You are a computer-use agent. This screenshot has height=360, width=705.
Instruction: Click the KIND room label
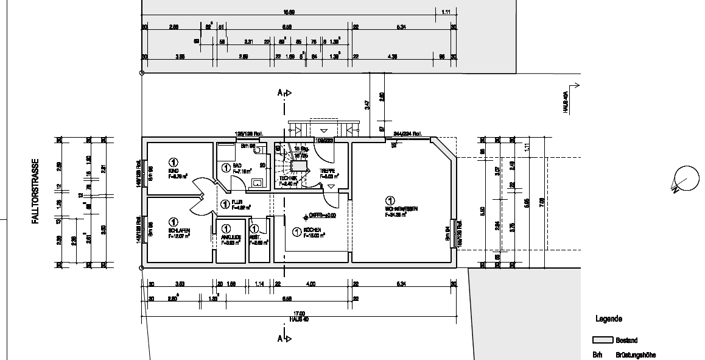pos(174,171)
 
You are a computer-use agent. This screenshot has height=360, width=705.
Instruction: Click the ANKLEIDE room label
pos(231,237)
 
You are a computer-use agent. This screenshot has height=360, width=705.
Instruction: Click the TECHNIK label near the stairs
pos(288,177)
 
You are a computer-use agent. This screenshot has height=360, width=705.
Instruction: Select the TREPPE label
pos(329,172)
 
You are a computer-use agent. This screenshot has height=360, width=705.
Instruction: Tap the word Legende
pos(608,319)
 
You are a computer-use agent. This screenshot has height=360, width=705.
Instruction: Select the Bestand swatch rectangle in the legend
pos(602,341)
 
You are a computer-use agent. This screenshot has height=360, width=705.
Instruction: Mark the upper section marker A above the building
pos(281,93)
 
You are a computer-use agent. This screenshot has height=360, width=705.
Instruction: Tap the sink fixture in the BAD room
pos(259,182)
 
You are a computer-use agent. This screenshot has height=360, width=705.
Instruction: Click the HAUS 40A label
pos(565,104)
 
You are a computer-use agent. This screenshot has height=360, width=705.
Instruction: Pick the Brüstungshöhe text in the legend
pos(635,355)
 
